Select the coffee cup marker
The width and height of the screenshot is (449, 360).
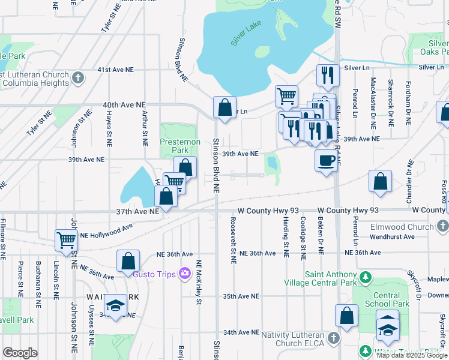point(326,160)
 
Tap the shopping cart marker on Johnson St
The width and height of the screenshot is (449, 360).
point(66,241)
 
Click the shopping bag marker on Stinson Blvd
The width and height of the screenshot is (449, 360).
point(224,108)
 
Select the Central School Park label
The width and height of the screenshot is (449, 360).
point(387,299)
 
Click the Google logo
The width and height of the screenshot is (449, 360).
point(20,353)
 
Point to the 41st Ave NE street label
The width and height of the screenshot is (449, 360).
point(116,70)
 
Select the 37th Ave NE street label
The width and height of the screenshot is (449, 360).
point(137,211)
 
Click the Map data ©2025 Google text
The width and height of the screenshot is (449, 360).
point(411,355)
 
